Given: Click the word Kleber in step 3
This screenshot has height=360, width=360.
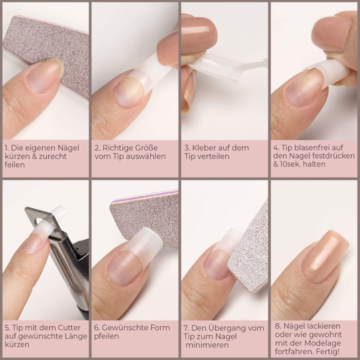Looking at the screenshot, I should [205, 148].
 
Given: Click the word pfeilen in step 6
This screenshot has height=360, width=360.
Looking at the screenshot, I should [107, 336].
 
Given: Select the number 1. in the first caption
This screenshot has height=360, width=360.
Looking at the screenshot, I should [7, 148].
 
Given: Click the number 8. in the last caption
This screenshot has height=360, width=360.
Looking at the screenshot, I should [278, 325].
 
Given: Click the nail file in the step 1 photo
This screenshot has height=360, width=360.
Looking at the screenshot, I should [50, 45].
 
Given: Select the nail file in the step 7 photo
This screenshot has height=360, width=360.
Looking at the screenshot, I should [250, 250].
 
